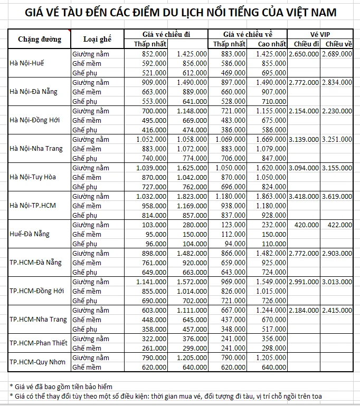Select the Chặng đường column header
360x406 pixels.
pos(40,39)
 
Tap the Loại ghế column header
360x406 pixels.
pos(97,39)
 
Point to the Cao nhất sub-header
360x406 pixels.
pos(273,44)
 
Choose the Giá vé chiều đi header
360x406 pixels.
pos(166,34)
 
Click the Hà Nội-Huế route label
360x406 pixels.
pos(27,63)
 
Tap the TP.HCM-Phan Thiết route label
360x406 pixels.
pos(39,343)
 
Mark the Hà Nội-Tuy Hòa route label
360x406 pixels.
pos(33,177)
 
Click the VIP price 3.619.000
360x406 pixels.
pos(337,196)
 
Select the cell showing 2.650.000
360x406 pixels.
pos(304,54)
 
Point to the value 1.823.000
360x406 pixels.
pos(192,196)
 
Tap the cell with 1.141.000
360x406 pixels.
pos(150,282)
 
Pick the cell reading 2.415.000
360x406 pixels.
pos(337,310)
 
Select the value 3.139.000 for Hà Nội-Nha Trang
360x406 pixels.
pos(304,139)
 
